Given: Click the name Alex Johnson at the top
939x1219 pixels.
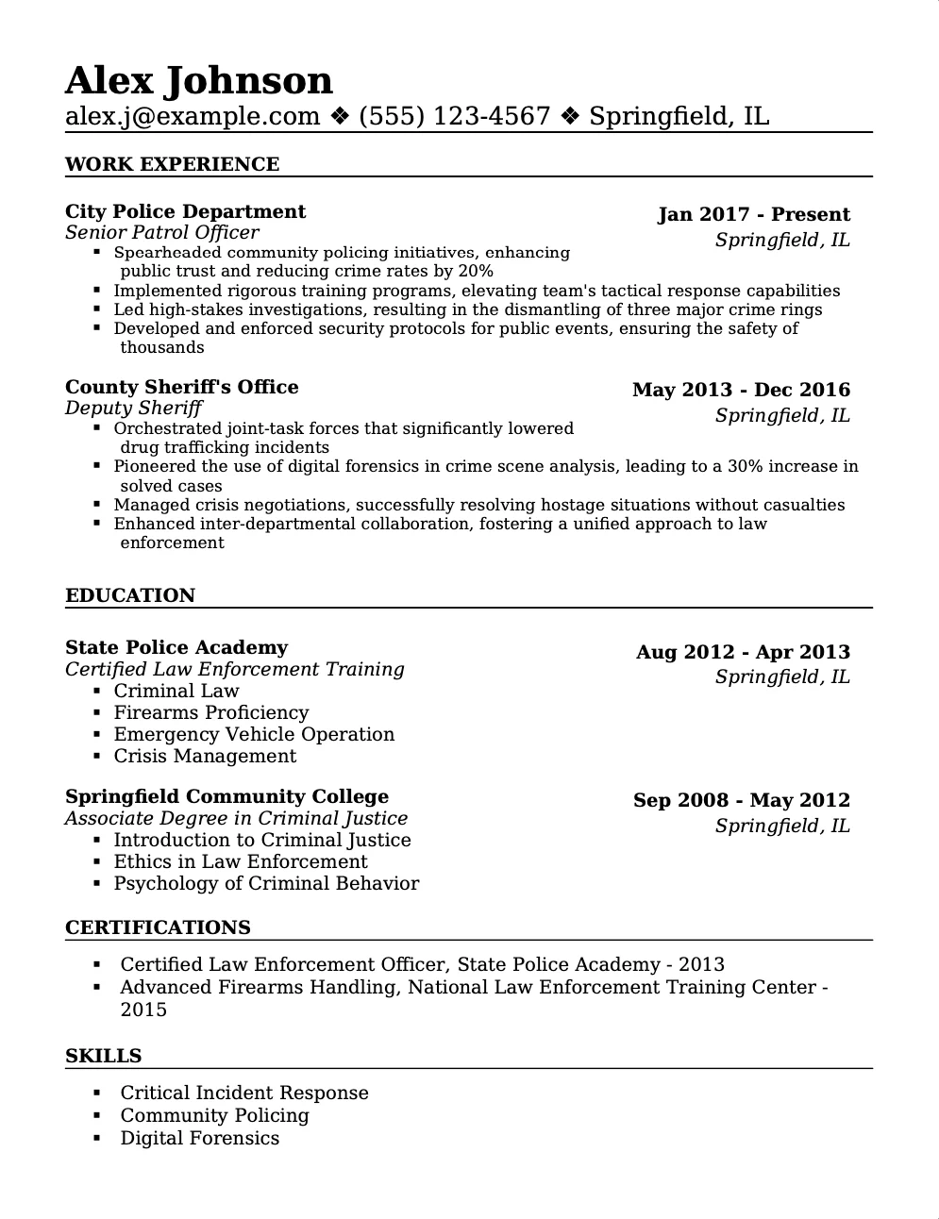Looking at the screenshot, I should click(198, 81).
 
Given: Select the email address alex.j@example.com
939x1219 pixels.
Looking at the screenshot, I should click(193, 116).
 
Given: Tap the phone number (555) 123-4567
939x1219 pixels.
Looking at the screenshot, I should click(454, 116).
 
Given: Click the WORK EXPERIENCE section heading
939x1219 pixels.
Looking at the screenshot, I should click(172, 164).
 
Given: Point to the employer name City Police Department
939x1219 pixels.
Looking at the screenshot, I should click(185, 211).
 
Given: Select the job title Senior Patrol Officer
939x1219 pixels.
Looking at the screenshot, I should click(161, 232).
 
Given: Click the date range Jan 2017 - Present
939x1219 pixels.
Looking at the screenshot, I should click(753, 214).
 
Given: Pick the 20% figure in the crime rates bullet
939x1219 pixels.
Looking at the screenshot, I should click(476, 272).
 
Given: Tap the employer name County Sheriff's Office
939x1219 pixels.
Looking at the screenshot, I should click(181, 387).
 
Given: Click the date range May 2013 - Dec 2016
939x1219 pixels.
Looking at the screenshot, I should click(741, 390).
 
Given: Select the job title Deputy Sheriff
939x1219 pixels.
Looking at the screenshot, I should click(133, 408).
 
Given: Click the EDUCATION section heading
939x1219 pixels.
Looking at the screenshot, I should click(130, 595).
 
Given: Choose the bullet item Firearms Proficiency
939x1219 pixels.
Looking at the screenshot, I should click(210, 712).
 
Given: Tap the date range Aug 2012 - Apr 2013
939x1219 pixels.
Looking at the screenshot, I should click(743, 652).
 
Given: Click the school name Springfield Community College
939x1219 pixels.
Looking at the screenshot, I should click(226, 796).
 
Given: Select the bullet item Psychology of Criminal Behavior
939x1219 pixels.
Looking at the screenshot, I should click(266, 883).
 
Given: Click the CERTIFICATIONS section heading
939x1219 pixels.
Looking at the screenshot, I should click(158, 927).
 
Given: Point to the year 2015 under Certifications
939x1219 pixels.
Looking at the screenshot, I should click(143, 1010).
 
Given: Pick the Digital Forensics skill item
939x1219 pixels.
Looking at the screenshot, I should click(199, 1138).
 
